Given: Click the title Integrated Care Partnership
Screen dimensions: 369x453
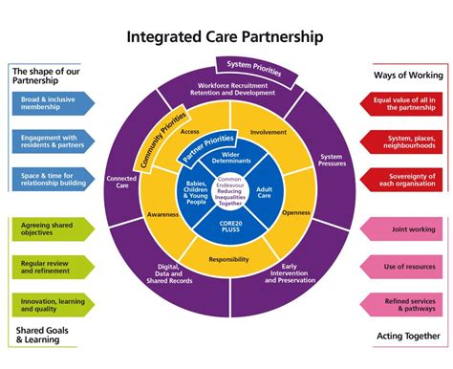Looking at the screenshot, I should [x=226, y=36].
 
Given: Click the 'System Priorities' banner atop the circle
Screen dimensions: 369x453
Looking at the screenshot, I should [x=252, y=67].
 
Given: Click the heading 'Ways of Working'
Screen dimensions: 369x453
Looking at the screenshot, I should [x=405, y=74].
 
